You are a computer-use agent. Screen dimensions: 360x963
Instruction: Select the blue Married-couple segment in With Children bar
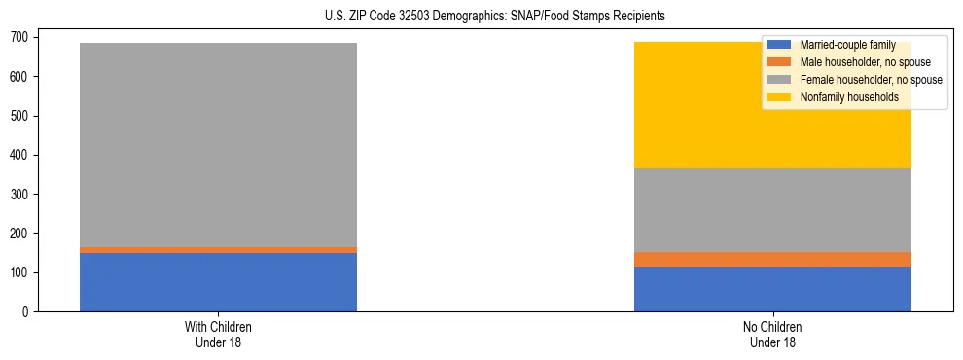(x=218, y=282)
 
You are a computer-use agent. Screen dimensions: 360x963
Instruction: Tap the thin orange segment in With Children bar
(x=218, y=250)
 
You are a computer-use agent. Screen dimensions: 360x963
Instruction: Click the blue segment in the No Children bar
(x=772, y=289)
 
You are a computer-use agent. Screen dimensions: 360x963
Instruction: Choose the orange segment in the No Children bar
(x=772, y=259)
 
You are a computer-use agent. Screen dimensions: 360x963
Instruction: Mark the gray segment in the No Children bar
(x=772, y=210)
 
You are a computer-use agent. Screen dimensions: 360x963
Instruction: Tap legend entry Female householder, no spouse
(x=870, y=80)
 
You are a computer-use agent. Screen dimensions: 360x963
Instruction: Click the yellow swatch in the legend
(x=779, y=97)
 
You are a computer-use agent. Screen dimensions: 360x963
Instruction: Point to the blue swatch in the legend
(x=779, y=45)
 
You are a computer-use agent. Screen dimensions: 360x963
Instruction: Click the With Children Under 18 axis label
(x=218, y=334)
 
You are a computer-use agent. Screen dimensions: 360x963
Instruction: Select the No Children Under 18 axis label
(x=772, y=334)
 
